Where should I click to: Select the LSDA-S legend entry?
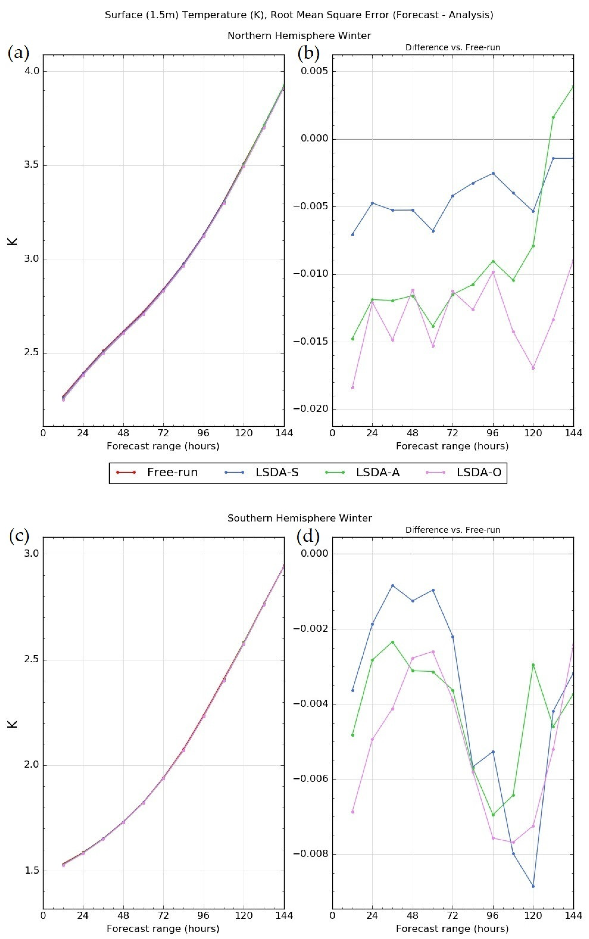pyautogui.click(x=277, y=472)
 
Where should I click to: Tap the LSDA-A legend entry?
pyautogui.click(x=377, y=472)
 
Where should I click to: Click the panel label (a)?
pyautogui.click(x=18, y=53)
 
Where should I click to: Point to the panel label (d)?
pyautogui.click(x=308, y=536)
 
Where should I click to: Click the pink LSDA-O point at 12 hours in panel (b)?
pyautogui.click(x=353, y=387)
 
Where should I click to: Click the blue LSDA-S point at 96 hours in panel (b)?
pyautogui.click(x=493, y=173)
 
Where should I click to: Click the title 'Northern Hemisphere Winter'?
pyautogui.click(x=299, y=36)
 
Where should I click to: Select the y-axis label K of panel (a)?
pyautogui.click(x=13, y=240)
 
